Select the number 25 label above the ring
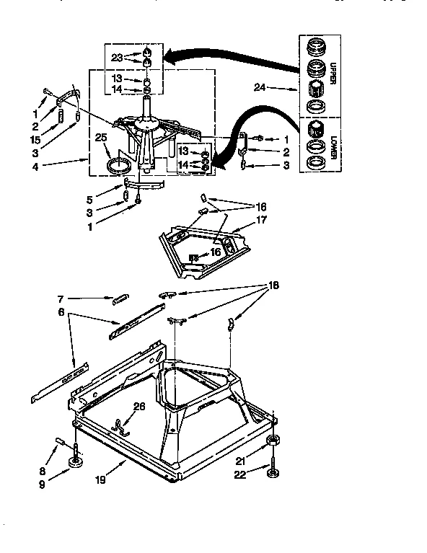(102, 136)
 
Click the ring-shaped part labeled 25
(120, 166)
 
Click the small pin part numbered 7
(121, 296)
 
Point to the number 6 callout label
(61, 312)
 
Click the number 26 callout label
(138, 406)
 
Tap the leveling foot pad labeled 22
(273, 473)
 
